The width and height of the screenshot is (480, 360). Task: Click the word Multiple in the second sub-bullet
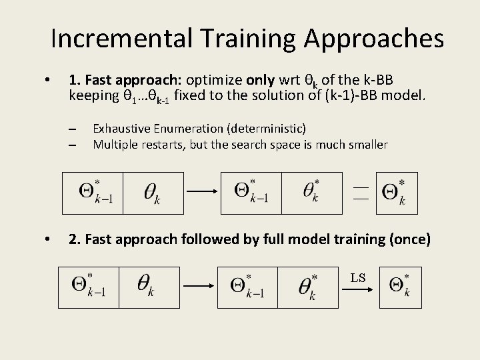coord(115,144)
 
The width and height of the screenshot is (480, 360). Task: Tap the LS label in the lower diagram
coord(358,277)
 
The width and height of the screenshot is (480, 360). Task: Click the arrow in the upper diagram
coord(203,191)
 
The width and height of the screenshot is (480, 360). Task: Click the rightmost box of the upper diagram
coord(397,193)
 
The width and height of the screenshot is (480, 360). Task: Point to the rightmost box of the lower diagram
coord(398,287)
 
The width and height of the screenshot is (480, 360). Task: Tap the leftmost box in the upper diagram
coord(93,193)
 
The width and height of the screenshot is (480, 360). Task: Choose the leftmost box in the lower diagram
coord(89,287)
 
